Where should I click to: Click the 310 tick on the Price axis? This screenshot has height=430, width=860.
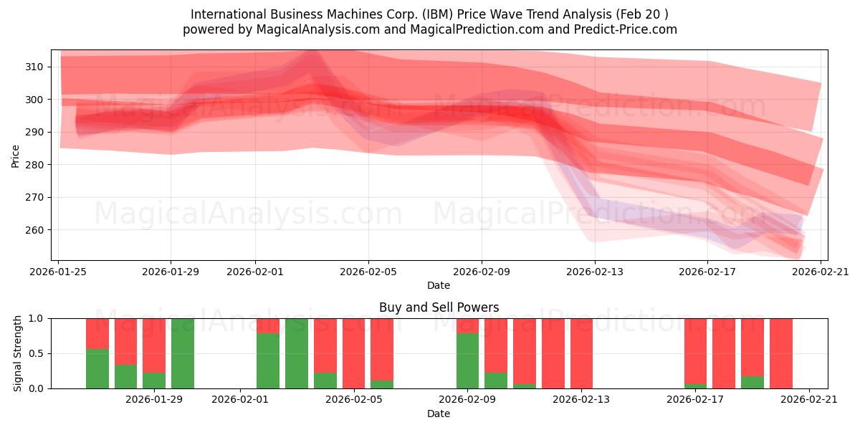pos(34,67)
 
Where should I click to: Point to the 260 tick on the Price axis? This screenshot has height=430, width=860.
pos(34,230)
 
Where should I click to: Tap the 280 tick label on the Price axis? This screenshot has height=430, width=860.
pos(34,165)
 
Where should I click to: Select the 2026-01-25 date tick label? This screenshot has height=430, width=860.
pos(58,272)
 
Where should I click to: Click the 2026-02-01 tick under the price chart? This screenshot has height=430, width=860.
pos(255,272)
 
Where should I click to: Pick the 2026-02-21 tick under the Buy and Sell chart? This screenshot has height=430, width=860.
pos(808,400)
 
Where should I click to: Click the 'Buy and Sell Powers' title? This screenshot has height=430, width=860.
pos(439,307)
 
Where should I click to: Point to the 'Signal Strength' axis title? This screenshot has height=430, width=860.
pos(18,353)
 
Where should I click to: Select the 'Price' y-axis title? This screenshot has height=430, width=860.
pos(16,155)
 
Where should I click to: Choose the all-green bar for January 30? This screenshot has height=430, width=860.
pos(183,353)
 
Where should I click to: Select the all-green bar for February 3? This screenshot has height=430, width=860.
pos(297,353)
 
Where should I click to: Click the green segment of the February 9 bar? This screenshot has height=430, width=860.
pos(467,360)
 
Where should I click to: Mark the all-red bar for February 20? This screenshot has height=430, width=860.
pos(781,353)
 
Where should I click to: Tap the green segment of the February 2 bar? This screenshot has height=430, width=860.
pos(268,360)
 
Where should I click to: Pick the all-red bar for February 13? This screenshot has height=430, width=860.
pos(581,353)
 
